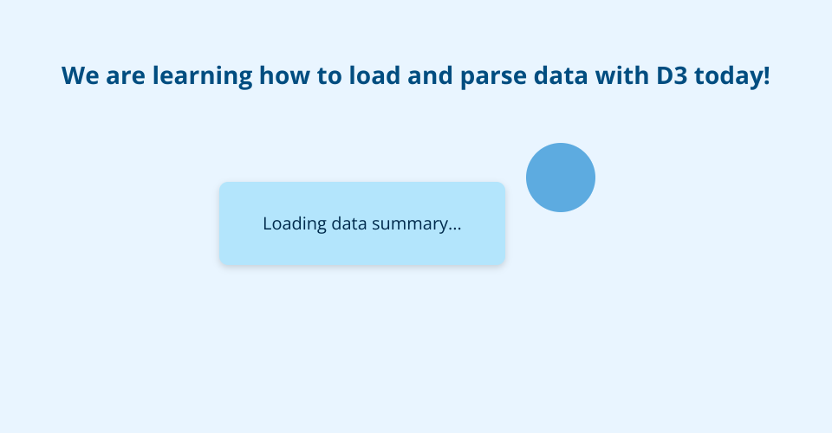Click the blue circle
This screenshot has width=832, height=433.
click(561, 178)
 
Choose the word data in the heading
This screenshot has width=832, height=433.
click(561, 74)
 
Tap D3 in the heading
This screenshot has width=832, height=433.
click(672, 75)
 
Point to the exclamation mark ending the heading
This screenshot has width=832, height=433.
click(766, 75)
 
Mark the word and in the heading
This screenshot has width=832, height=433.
click(430, 74)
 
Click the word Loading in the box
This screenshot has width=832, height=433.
click(295, 224)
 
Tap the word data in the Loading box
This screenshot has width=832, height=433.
click(349, 223)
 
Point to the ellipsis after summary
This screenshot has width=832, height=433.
click(455, 229)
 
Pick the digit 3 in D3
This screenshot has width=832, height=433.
click(681, 75)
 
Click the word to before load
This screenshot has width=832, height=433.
click(329, 76)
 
